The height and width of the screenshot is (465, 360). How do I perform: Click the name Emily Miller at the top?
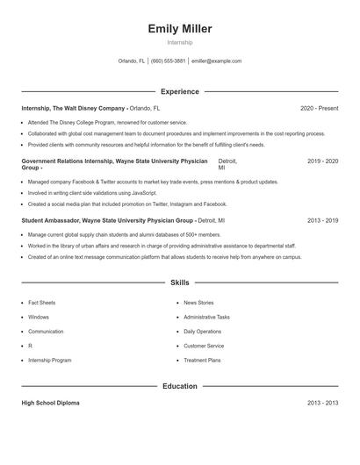(180, 29)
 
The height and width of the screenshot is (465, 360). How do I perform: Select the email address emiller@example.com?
(216, 61)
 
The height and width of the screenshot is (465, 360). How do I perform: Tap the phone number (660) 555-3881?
(169, 61)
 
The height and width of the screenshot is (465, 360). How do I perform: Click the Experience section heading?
(180, 91)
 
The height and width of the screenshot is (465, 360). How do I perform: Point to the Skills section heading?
(180, 283)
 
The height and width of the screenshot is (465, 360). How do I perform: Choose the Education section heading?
(180, 386)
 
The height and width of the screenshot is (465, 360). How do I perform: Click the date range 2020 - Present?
(319, 108)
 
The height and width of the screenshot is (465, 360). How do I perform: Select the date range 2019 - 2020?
(323, 161)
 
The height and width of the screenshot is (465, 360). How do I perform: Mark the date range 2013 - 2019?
(323, 220)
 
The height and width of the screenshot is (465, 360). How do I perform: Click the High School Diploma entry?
(50, 403)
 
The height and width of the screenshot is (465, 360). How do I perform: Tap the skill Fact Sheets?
(41, 303)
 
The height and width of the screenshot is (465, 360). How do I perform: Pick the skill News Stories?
(198, 303)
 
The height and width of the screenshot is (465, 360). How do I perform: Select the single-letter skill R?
(30, 346)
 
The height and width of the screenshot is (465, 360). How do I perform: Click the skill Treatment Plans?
(202, 361)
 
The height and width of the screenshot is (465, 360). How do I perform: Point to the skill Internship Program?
(50, 361)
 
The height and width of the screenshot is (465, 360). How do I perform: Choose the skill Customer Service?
(204, 346)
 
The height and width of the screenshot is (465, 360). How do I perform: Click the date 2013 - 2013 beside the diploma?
(323, 403)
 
